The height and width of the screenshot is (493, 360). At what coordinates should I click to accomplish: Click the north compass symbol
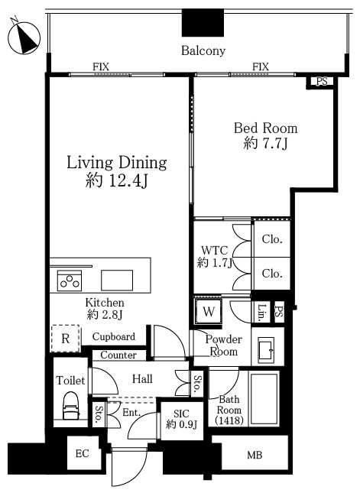point(24,37)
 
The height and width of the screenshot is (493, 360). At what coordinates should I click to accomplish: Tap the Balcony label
point(203,50)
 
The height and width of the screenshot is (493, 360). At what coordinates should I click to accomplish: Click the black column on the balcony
point(203,23)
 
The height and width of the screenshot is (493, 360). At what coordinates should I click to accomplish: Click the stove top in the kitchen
point(70,281)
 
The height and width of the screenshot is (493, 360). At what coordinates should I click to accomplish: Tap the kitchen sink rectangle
point(117,281)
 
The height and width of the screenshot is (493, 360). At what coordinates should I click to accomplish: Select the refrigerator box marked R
point(66,339)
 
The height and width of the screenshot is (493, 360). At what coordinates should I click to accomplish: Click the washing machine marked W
point(209,311)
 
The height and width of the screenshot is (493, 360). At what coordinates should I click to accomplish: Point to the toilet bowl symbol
point(70,405)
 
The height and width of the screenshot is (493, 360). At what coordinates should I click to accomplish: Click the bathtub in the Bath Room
point(264,399)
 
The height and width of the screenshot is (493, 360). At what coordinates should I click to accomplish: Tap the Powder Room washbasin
point(266,349)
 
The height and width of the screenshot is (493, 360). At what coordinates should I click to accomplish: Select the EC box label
point(83,454)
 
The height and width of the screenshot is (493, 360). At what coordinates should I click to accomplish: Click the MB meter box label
point(255,455)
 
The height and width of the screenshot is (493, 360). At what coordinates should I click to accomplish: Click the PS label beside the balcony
point(322,82)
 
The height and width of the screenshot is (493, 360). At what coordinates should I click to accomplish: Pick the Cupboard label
point(113,337)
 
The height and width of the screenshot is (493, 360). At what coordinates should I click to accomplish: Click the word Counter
point(118,355)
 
